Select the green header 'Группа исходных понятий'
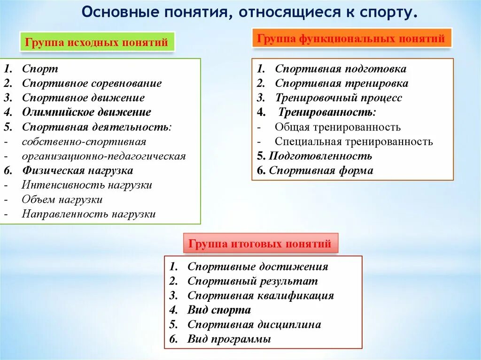coord(96,43)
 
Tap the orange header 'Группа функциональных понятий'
coord(352,38)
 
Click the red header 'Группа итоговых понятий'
coord(260,244)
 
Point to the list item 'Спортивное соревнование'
coord(92,84)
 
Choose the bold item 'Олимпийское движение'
coord(86,112)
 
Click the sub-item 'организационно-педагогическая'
coord(103,156)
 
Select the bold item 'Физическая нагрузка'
coord(78,170)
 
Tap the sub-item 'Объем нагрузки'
coord(62,199)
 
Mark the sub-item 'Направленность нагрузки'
coord(88,214)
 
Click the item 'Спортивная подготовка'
coord(341,69)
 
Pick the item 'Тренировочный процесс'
coord(338,98)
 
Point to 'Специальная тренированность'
coord(354,141)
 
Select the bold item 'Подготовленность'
coord(320,156)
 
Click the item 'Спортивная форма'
coord(321,170)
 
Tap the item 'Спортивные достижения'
coord(257,267)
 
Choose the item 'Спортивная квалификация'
coord(260,296)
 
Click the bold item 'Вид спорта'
coord(219,310)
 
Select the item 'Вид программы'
coord(229,339)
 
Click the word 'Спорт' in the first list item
coord(40,69)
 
